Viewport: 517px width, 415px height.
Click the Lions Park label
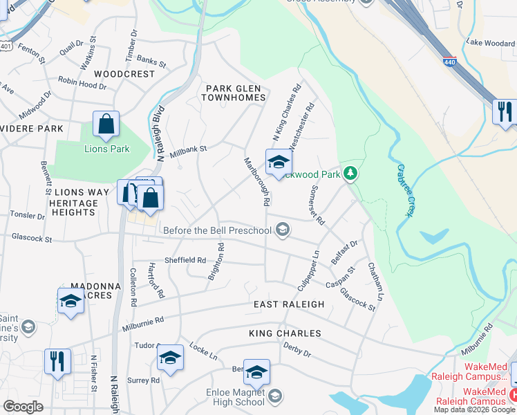pyautogui.click(x=107, y=149)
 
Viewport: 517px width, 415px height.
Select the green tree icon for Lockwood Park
pyautogui.click(x=350, y=173)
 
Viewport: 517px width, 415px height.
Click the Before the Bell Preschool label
pyautogui.click(x=217, y=230)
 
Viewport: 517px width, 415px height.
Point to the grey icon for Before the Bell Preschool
pyautogui.click(x=282, y=230)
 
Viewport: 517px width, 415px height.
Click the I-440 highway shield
pyautogui.click(x=450, y=61)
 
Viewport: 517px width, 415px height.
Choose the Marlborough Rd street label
pyautogui.click(x=256, y=182)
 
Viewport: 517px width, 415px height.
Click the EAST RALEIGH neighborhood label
pyautogui.click(x=288, y=304)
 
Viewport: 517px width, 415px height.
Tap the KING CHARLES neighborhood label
pyautogui.click(x=285, y=333)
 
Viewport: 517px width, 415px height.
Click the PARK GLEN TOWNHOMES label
pyautogui.click(x=234, y=93)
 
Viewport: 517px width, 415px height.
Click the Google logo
pyautogui.click(x=23, y=407)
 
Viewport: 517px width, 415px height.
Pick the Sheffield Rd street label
pyautogui.click(x=185, y=261)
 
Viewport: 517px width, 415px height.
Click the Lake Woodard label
pyautogui.click(x=490, y=43)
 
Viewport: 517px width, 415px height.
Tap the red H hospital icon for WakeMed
pyautogui.click(x=512, y=394)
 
